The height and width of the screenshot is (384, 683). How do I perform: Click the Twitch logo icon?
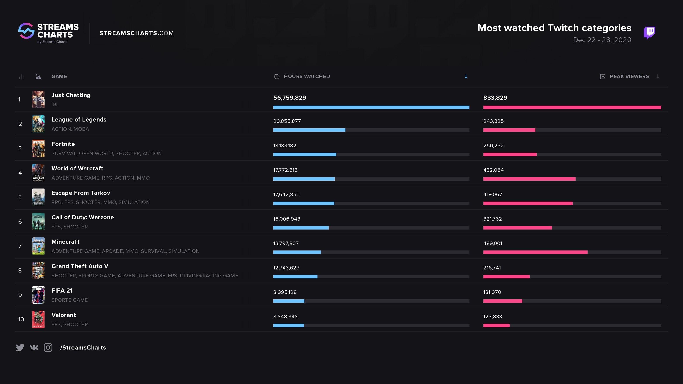[x=649, y=33]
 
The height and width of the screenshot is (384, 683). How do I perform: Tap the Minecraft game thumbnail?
[x=38, y=246]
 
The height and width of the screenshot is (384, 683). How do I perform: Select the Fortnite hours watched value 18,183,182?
[x=285, y=146]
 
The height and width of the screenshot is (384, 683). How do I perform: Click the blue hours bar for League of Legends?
[x=309, y=130]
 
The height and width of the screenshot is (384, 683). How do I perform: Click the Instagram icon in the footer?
[x=48, y=347]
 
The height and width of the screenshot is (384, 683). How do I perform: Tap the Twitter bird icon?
[x=20, y=347]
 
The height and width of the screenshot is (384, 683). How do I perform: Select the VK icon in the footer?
[x=34, y=347]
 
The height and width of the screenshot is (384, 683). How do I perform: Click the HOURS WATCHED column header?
[x=307, y=76]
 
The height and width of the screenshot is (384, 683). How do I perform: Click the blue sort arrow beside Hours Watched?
[x=466, y=77]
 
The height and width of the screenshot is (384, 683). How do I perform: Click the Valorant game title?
[x=64, y=315]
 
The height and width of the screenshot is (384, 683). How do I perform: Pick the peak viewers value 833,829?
[x=495, y=98]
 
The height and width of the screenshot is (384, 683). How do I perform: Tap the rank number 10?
[x=21, y=319]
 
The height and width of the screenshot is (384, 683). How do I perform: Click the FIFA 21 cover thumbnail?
[x=38, y=295]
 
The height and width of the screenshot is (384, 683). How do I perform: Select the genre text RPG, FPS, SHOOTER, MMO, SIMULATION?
[x=100, y=202]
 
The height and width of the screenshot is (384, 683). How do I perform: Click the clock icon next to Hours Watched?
[x=276, y=77]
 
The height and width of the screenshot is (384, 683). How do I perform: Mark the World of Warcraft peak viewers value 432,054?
[x=493, y=170]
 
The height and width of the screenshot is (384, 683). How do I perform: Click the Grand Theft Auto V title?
[x=80, y=266]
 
